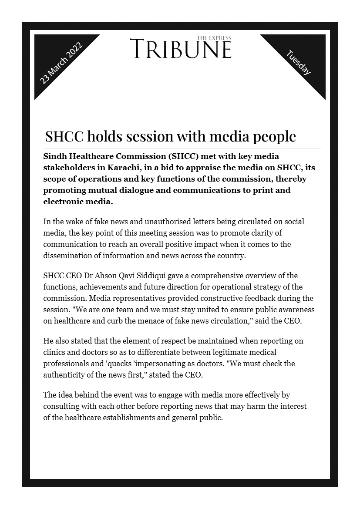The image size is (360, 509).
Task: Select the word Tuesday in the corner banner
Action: click(299, 62)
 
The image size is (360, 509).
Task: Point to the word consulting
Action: click(61, 406)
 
